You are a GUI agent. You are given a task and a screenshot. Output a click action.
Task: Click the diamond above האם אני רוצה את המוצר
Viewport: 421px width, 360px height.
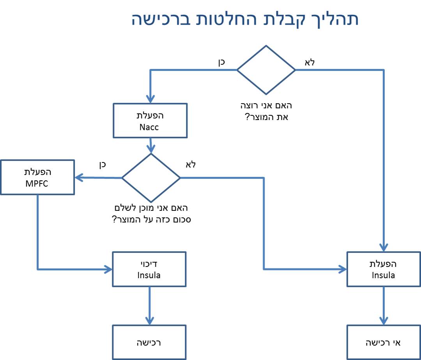pos(266,70)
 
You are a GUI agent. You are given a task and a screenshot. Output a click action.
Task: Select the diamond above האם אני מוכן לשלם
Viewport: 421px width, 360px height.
pos(151,178)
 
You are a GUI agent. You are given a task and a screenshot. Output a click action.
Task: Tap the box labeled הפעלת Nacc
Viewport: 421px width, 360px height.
pos(150,120)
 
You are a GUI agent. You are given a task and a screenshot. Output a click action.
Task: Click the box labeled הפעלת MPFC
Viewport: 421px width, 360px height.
pos(37,177)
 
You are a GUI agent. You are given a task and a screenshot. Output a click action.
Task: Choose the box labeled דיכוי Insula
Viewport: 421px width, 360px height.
pos(149,269)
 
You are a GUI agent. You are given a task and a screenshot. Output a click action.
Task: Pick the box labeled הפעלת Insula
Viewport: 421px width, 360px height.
pos(384,269)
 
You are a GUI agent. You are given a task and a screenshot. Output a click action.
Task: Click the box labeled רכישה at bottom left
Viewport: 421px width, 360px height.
pos(149,342)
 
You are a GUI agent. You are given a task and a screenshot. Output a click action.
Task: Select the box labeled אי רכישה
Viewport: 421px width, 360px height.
pos(384,342)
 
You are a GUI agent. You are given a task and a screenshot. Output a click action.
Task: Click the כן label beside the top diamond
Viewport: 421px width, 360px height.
pos(221,62)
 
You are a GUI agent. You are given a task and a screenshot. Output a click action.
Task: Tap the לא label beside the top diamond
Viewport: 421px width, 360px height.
pos(310,62)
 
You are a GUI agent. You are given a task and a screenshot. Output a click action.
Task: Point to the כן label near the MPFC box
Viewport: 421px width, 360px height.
pos(103,164)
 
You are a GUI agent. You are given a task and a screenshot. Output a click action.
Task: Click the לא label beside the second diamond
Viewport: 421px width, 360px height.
pos(191,164)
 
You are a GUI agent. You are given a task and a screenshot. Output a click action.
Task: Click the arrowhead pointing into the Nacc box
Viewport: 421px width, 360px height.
pos(150,99)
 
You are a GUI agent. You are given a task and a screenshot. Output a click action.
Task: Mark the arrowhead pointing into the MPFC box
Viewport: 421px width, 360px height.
pos(79,178)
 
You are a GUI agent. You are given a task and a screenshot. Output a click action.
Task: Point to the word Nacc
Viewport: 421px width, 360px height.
pos(149,127)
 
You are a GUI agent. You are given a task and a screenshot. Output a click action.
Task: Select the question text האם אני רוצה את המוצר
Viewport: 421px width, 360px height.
pos(266,111)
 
